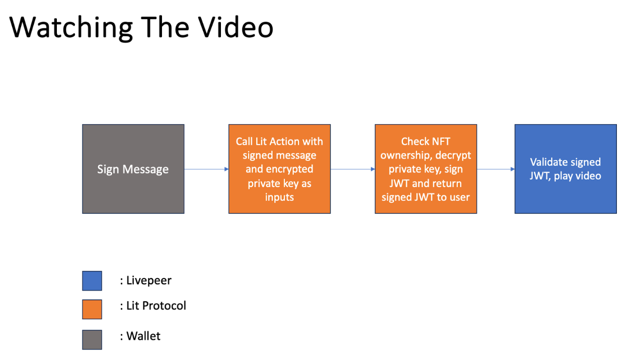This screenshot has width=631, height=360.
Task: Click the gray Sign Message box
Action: (x=133, y=169)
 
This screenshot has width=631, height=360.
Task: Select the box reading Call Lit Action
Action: (x=279, y=169)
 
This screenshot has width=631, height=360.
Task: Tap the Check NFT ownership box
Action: (x=425, y=169)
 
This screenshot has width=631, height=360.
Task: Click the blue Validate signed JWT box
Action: (x=565, y=169)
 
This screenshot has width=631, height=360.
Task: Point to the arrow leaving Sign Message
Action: (x=206, y=169)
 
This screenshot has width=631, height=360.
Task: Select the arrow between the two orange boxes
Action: (x=352, y=169)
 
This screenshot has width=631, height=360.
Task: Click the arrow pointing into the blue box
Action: (x=496, y=169)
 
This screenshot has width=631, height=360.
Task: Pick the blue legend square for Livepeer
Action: (x=92, y=281)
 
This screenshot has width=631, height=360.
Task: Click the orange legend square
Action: (x=92, y=309)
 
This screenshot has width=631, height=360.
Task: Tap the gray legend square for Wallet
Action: (x=92, y=339)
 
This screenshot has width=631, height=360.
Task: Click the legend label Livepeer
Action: (x=148, y=281)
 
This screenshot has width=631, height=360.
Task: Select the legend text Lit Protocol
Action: (x=156, y=305)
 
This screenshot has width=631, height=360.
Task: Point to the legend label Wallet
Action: (x=143, y=336)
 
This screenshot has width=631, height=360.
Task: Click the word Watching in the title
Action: (x=70, y=27)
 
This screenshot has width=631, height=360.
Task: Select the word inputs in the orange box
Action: (x=279, y=197)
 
